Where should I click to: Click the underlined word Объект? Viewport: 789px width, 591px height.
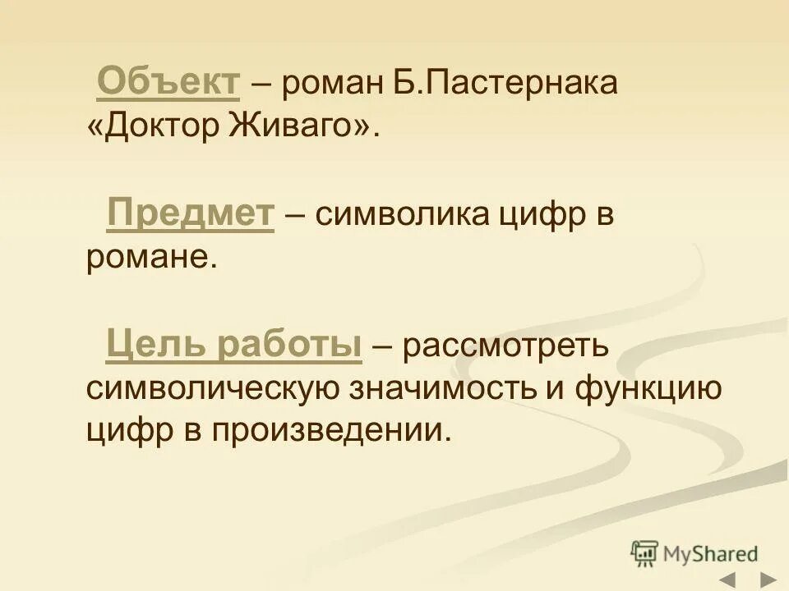(168, 83)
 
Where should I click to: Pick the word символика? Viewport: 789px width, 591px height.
(398, 215)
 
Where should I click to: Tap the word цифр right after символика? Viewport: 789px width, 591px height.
(538, 217)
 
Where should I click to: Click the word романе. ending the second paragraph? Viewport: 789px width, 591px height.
(151, 258)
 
